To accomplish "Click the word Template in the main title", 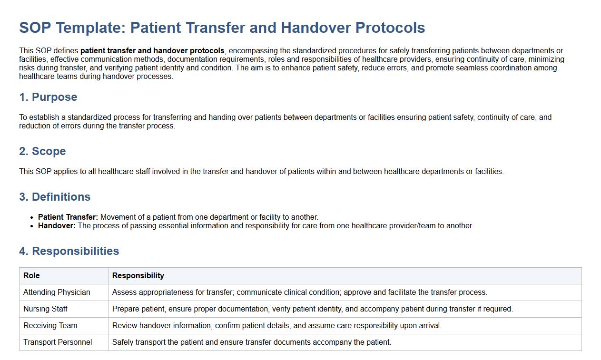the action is (x=91, y=28).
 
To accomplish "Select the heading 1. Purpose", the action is (x=48, y=97).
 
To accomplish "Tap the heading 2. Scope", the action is (x=42, y=151).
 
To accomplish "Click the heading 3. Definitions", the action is (x=55, y=197).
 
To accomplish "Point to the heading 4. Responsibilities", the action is (x=69, y=251).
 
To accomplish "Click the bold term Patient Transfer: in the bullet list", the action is (x=68, y=217).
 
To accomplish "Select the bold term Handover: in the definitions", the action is (x=57, y=226).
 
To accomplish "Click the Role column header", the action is (x=31, y=275).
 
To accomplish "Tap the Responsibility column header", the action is (x=138, y=275).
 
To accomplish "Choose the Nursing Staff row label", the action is (x=45, y=309).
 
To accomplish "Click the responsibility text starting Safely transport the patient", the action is (x=252, y=342).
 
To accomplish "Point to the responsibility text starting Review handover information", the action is (x=277, y=325).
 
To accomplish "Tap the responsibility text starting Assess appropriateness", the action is (x=300, y=292).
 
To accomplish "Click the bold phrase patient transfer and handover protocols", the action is (x=152, y=51).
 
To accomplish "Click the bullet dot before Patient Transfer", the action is (x=32, y=218).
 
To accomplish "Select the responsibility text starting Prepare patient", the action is (x=313, y=309).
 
